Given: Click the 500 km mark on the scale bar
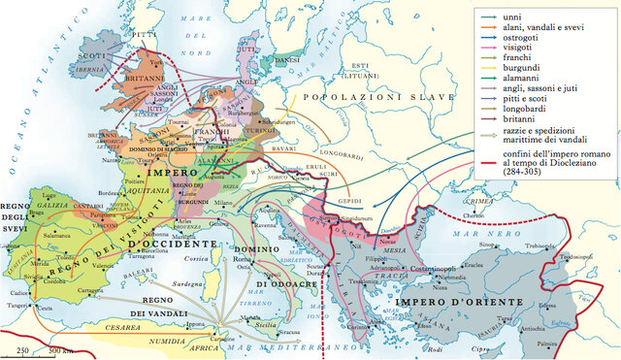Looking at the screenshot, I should (x=60, y=350).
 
